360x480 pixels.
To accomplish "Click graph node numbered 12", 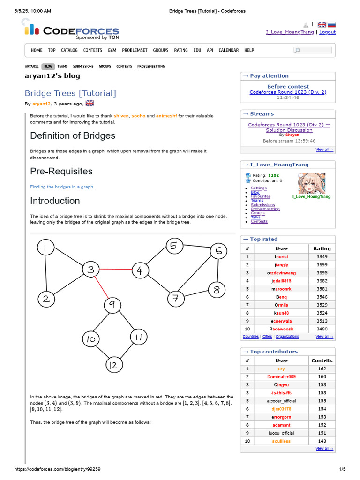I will click(x=113, y=365).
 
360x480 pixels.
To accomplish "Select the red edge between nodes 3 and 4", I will click(x=115, y=270).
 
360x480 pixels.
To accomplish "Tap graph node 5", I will click(x=174, y=246).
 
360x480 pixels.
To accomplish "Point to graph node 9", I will click(x=112, y=306).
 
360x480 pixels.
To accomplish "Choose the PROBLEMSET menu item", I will click(x=135, y=50).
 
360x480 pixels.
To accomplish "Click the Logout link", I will click(x=327, y=32).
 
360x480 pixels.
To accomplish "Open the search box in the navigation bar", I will click(x=313, y=50).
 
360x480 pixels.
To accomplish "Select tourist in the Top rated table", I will click(x=281, y=257).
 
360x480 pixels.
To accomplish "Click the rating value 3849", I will click(x=322, y=257).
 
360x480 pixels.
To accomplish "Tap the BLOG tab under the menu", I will click(x=48, y=67).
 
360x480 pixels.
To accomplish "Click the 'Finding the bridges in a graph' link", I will click(x=61, y=187).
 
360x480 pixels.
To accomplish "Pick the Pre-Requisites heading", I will click(x=61, y=171).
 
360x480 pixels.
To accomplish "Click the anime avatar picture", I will click(x=311, y=183).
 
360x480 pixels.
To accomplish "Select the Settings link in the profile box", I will click(x=258, y=188).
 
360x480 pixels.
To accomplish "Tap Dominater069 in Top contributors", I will click(x=281, y=377).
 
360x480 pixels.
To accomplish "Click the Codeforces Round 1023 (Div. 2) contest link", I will click(x=288, y=92).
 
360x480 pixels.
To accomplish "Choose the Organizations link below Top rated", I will click(x=287, y=337).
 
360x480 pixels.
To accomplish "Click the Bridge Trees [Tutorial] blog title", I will click(x=70, y=93).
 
